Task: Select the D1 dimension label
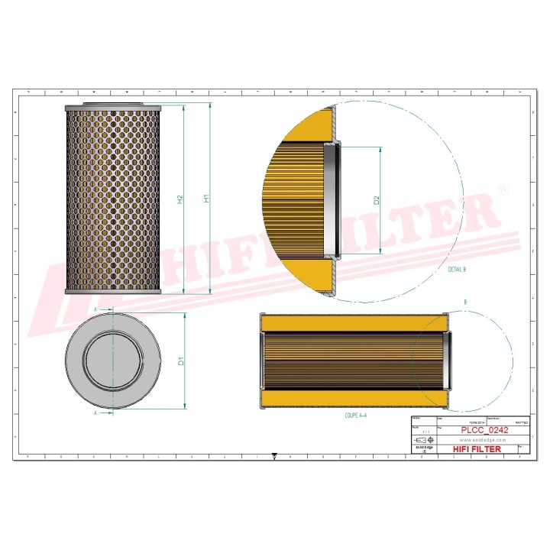click(181, 360)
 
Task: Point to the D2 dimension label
click(377, 200)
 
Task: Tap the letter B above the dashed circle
click(465, 303)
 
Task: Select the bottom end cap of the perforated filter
click(113, 291)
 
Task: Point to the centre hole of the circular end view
click(113, 361)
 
